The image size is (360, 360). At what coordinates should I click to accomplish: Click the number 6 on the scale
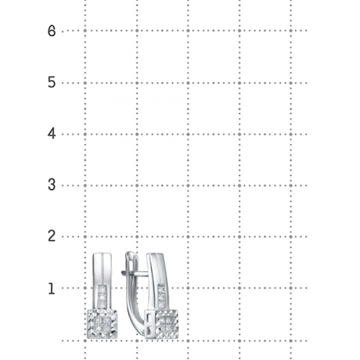pos(52,31)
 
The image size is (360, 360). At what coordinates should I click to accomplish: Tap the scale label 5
pos(52,82)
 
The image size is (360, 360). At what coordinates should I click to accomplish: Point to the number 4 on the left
pos(52,134)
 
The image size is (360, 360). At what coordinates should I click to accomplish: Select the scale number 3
pos(52,185)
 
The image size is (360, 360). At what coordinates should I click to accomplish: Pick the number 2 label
pos(52,236)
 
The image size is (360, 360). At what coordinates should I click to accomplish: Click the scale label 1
pos(51,289)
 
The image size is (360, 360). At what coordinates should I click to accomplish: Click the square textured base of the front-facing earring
pos(102,324)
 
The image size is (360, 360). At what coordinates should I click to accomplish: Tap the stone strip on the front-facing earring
pos(102,295)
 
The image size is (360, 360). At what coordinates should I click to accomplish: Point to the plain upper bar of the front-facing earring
pos(102,269)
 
